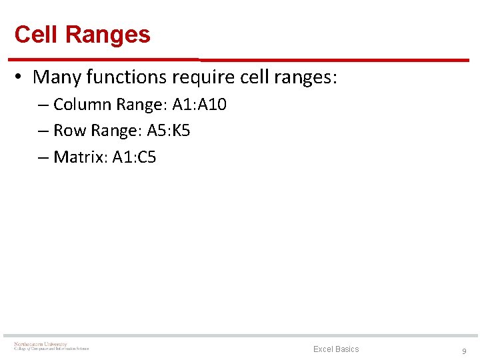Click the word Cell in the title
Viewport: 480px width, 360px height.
click(x=35, y=35)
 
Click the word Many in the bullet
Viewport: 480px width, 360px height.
click(x=57, y=77)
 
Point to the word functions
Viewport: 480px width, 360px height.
click(x=127, y=77)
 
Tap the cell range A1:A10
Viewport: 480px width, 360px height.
click(x=199, y=105)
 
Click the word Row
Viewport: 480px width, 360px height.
click(x=67, y=131)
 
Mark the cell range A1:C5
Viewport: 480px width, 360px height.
click(x=134, y=157)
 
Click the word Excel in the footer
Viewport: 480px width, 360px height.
click(x=323, y=349)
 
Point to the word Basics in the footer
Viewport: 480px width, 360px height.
click(x=347, y=349)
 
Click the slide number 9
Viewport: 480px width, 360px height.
click(x=464, y=351)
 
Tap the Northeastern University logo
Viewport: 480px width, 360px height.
click(x=51, y=347)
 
